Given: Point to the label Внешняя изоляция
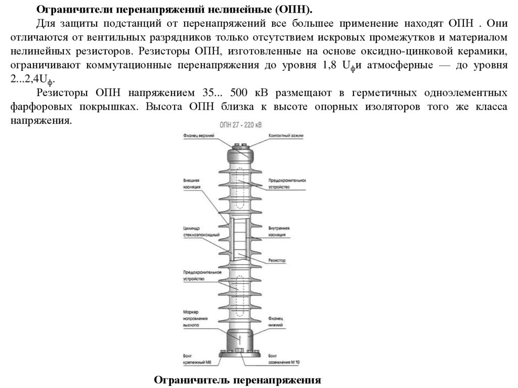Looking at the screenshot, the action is (x=192, y=183).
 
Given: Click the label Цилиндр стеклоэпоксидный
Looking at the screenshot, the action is (x=200, y=232).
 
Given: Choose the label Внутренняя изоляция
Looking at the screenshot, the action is (x=280, y=232).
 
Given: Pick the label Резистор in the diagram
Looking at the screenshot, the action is (x=277, y=261).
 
